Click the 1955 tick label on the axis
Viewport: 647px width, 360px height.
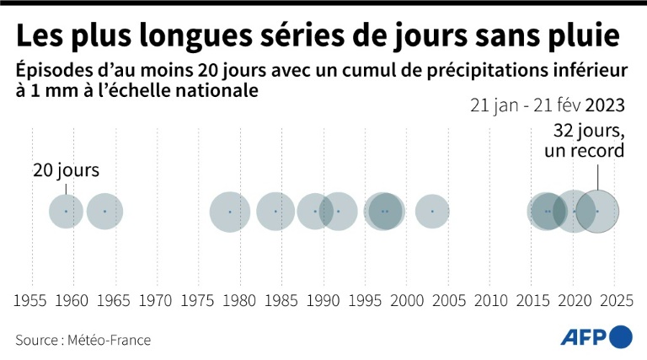click(32, 300)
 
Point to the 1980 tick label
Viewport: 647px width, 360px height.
click(240, 300)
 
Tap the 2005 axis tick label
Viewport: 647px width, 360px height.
click(448, 300)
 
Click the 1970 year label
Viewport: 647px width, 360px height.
click(157, 300)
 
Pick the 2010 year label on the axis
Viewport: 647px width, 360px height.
click(489, 300)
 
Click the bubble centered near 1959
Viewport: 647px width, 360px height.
click(67, 211)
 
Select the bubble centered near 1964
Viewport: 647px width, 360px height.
click(104, 211)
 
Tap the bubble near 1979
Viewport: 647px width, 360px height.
click(230, 212)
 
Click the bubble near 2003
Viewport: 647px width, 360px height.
click(432, 211)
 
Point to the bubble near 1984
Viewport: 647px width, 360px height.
click(276, 211)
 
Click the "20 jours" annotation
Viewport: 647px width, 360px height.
click(66, 170)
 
